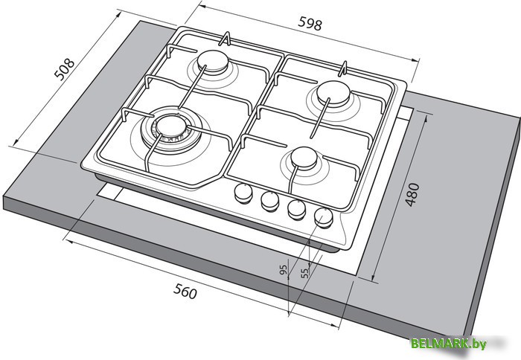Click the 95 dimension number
pos(284,270)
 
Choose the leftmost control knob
pos(243,193)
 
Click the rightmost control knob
pos(324,216)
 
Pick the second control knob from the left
pos(269,200)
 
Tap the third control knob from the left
pos(296,209)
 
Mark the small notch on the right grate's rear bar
pos(344,70)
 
